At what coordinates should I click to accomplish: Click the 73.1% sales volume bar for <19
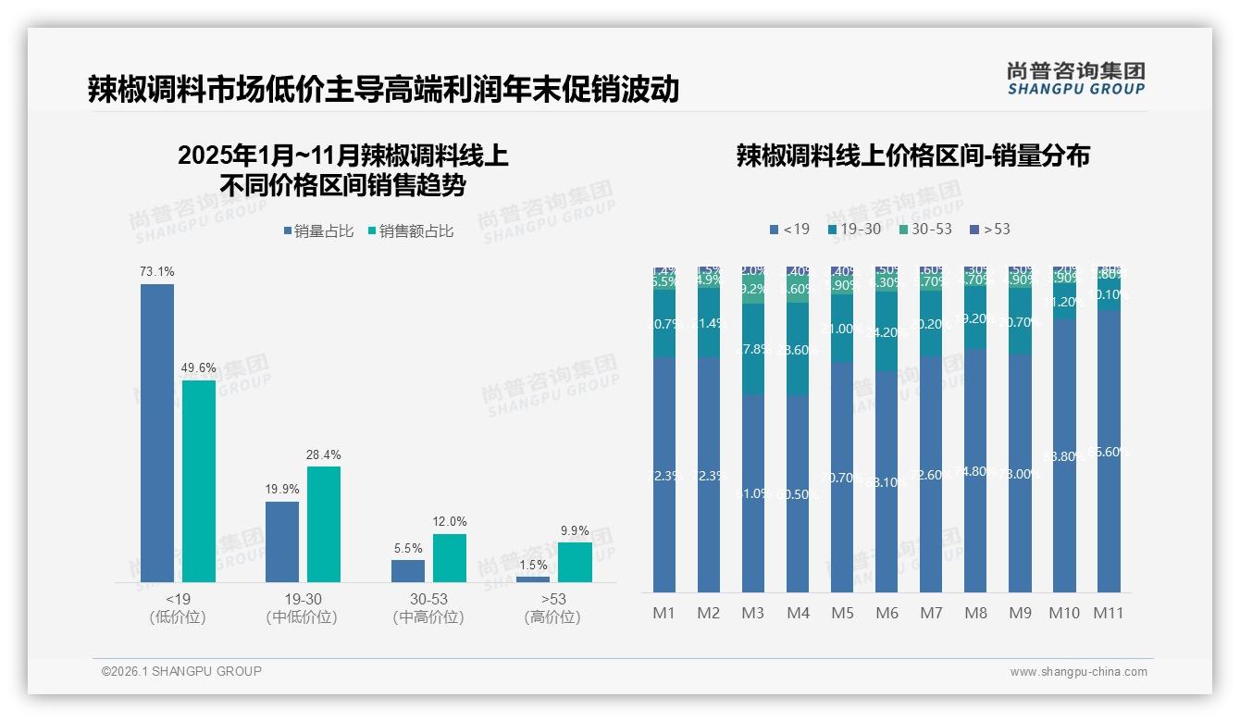[157, 433]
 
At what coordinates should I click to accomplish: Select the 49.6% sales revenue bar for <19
[199, 481]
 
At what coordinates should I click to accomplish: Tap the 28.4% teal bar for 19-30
[324, 524]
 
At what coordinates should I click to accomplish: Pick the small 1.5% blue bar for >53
[532, 579]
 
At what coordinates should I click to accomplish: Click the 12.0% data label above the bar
[450, 522]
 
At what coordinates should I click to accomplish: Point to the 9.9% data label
[575, 530]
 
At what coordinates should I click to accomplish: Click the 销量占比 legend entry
[318, 231]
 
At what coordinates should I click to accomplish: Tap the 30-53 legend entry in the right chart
[924, 229]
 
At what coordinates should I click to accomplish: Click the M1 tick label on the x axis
[663, 613]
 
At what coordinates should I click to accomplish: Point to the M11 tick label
[1108, 613]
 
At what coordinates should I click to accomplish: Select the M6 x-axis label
[886, 613]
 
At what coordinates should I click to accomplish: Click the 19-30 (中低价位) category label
[302, 608]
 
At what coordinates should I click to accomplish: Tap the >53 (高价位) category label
[552, 608]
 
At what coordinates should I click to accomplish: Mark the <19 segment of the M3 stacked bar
[753, 493]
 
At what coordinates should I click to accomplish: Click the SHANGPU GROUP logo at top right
[1075, 78]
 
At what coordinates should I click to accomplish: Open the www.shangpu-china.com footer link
[1078, 672]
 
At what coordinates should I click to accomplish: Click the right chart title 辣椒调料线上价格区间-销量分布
[912, 156]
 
